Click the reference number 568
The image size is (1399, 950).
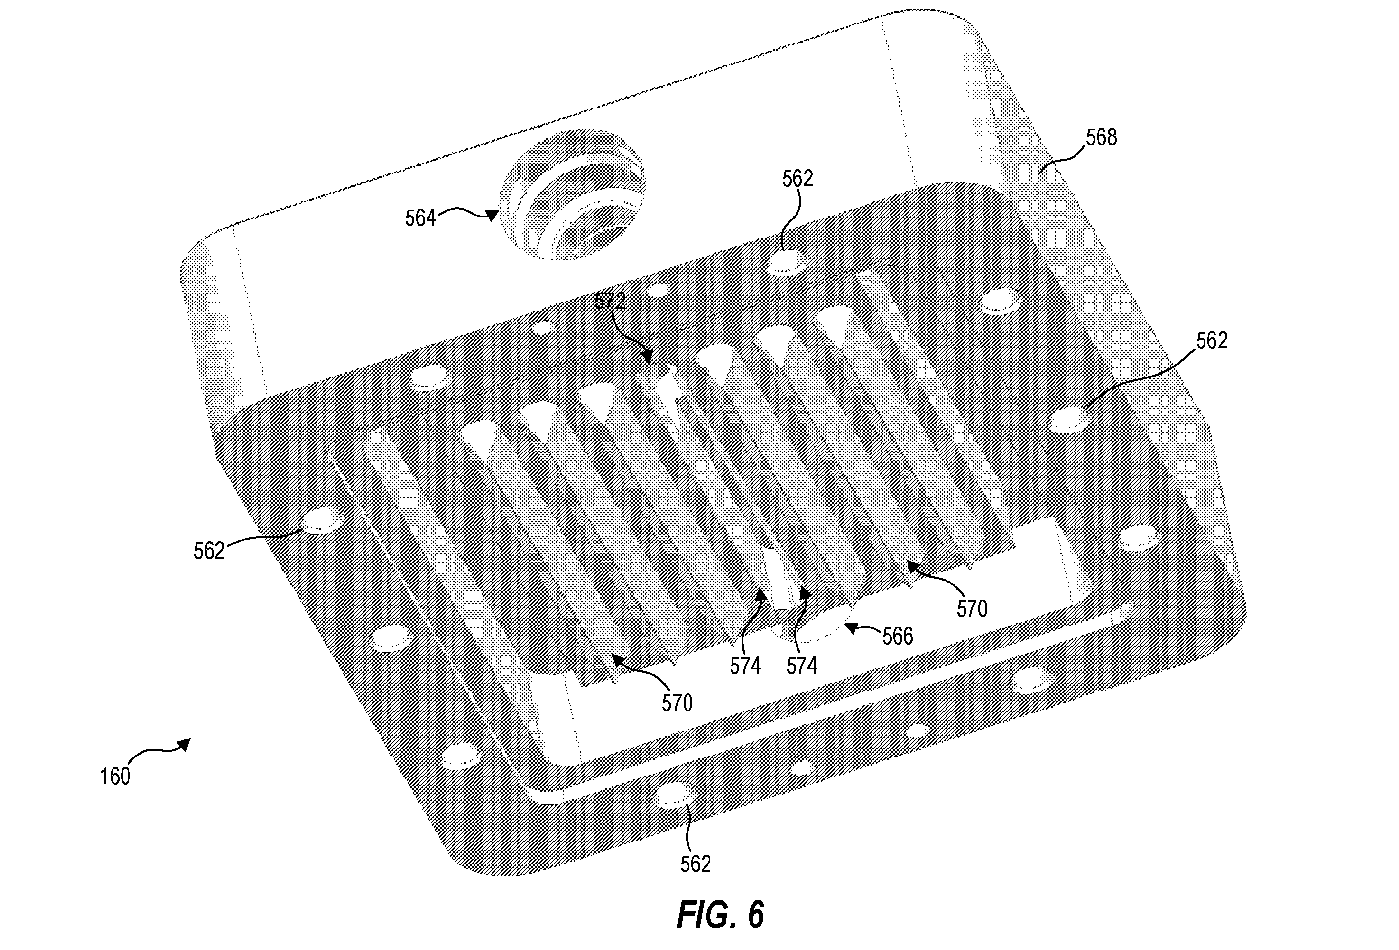point(1101,138)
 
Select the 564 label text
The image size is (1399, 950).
point(420,218)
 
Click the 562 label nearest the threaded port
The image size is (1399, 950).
point(797,178)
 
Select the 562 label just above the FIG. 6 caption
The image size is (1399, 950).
point(695,864)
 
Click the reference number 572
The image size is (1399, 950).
point(610,301)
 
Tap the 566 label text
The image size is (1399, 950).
point(898,636)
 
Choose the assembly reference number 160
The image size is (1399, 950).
point(115,777)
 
